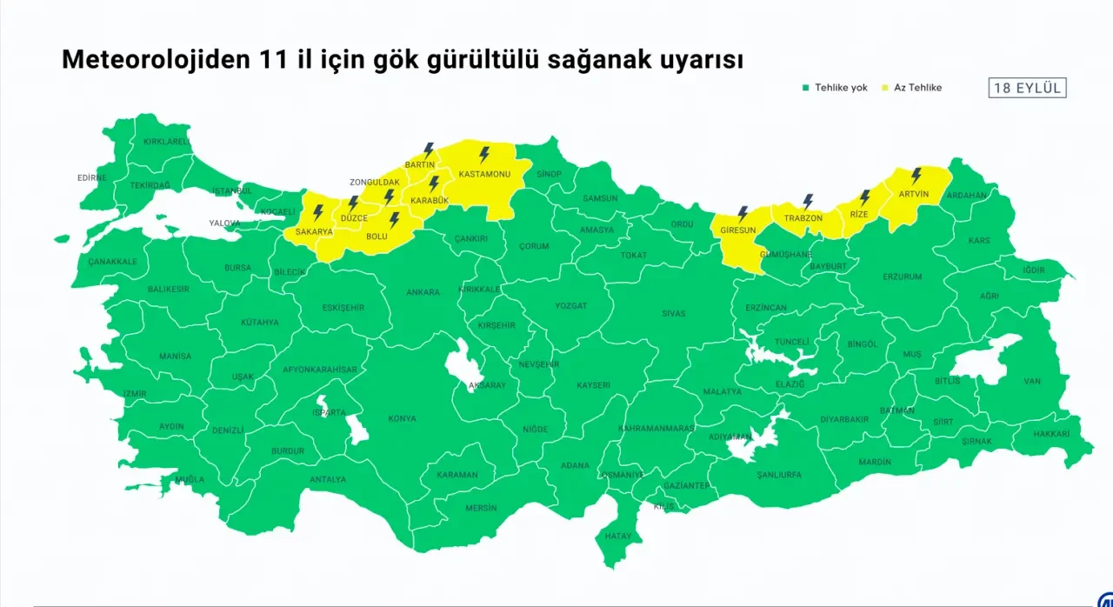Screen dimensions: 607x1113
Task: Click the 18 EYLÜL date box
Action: pyautogui.click(x=1028, y=88)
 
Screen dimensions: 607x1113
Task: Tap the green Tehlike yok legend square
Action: pyautogui.click(x=805, y=88)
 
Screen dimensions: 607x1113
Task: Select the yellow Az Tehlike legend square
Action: pyautogui.click(x=885, y=88)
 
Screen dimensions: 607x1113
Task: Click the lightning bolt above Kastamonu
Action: pyautogui.click(x=484, y=155)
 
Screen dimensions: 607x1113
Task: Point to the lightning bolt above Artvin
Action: pyautogui.click(x=916, y=176)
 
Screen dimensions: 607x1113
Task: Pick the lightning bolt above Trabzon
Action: pyautogui.click(x=808, y=201)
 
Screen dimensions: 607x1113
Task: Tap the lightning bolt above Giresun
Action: pyautogui.click(x=743, y=213)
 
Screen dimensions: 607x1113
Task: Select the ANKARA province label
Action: pyautogui.click(x=423, y=293)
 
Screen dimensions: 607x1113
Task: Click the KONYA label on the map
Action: pyautogui.click(x=402, y=419)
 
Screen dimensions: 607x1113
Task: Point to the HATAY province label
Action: pyautogui.click(x=618, y=537)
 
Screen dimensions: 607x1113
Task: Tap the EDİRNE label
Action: pyautogui.click(x=91, y=177)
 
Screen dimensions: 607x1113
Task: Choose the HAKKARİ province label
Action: pyautogui.click(x=1051, y=433)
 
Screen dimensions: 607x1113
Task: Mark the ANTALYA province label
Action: pyautogui.click(x=328, y=479)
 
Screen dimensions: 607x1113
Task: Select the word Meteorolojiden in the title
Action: pyautogui.click(x=153, y=60)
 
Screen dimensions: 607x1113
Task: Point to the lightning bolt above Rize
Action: pyautogui.click(x=864, y=197)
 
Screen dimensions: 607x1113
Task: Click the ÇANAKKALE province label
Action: pyautogui.click(x=113, y=261)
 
